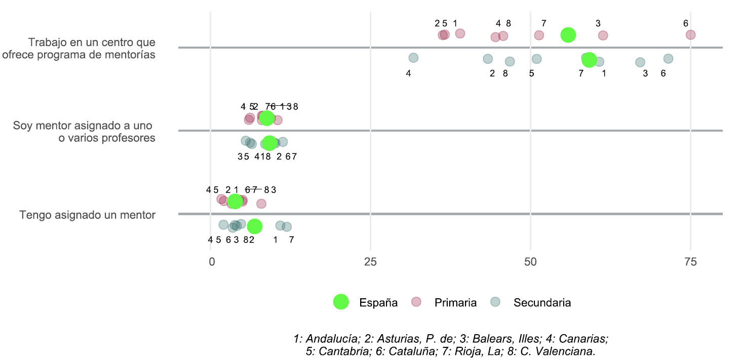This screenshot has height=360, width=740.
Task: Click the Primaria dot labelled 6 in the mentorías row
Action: tap(690, 34)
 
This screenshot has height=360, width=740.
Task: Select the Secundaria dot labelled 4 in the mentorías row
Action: tap(413, 58)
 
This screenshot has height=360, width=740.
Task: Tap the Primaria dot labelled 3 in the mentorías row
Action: tap(603, 35)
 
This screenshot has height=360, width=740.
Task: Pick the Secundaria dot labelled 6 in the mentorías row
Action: tap(668, 59)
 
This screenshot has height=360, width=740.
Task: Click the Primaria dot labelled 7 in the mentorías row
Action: tap(539, 35)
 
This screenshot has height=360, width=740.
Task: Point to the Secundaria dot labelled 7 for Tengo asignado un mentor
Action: tap(287, 227)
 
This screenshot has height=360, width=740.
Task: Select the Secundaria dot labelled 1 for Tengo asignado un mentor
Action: tap(280, 225)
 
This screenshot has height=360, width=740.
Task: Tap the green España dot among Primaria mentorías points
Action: tap(568, 34)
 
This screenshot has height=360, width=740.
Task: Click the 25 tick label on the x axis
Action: tap(371, 262)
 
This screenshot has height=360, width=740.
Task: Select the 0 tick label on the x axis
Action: tap(212, 262)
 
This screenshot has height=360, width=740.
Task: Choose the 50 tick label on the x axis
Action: tap(530, 262)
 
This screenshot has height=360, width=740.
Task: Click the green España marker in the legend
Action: tap(341, 302)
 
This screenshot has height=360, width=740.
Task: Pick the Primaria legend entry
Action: tap(455, 303)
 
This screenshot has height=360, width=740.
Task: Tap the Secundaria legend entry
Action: tap(541, 303)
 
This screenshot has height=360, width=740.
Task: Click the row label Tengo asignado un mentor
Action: tap(87, 215)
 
